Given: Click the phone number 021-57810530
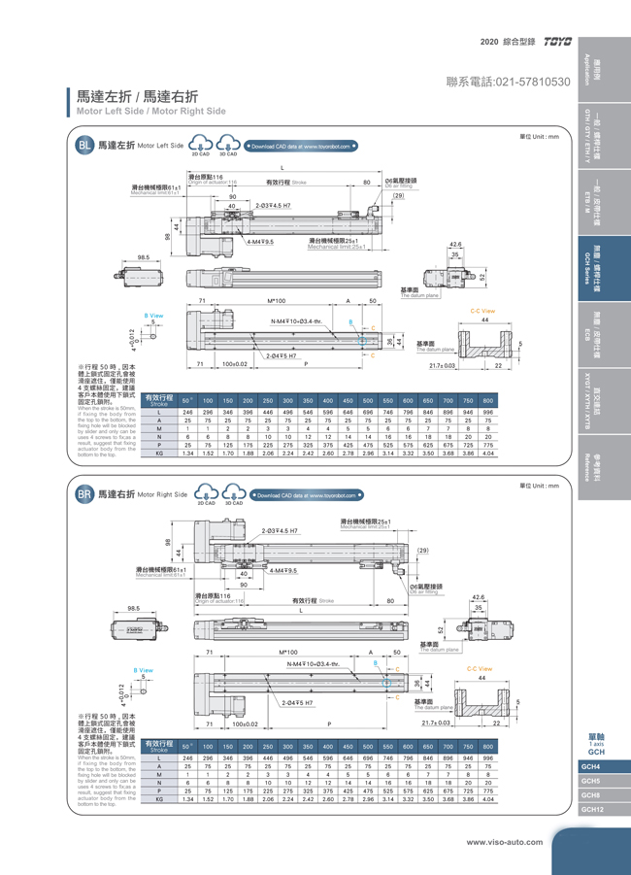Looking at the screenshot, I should pyautogui.click(x=508, y=82).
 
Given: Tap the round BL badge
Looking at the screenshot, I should pyautogui.click(x=84, y=146).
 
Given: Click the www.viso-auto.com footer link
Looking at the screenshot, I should pyautogui.click(x=505, y=841).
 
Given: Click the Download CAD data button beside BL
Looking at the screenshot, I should pyautogui.click(x=302, y=146).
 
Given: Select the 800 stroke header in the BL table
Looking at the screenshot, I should pyautogui.click(x=487, y=400).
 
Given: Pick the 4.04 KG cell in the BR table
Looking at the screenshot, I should pyautogui.click(x=487, y=800).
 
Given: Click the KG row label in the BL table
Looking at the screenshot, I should pyautogui.click(x=158, y=453).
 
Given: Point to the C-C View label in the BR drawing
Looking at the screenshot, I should pyautogui.click(x=480, y=668).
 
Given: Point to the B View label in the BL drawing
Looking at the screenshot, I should pyautogui.click(x=154, y=315).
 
